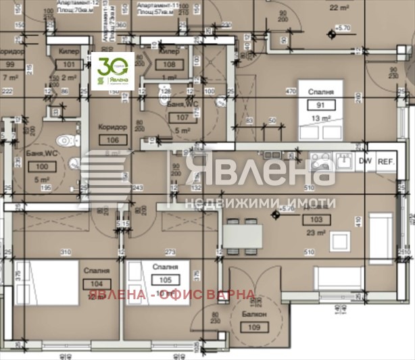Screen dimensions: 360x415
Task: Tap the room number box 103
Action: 316,220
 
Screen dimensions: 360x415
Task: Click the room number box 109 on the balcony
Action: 256,328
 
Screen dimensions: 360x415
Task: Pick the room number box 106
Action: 112,140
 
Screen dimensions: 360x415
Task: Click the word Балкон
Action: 256,315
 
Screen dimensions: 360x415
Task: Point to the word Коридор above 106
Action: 112,127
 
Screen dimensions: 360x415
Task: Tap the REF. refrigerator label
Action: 386,161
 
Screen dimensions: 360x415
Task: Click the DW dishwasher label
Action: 365,161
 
